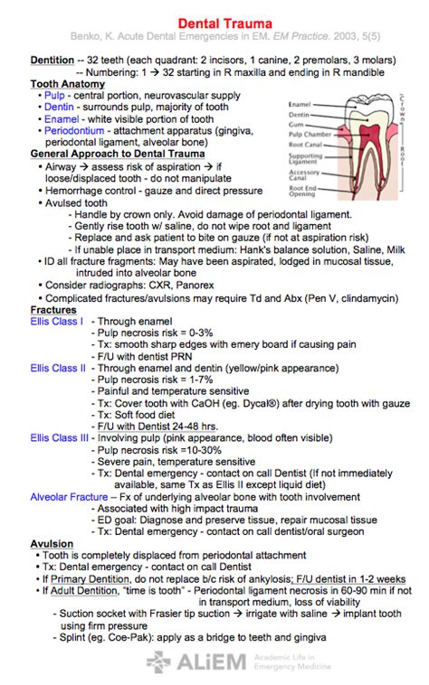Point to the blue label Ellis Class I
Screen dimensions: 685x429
(x=56, y=321)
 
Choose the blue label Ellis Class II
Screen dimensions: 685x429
(x=58, y=368)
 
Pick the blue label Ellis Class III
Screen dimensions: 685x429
(x=60, y=438)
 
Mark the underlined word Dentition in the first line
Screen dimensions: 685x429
(x=52, y=60)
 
